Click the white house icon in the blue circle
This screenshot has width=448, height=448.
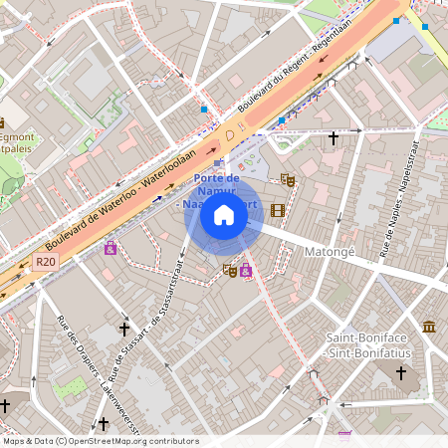pyautogui.click(x=224, y=215)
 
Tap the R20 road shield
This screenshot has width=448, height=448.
pyautogui.click(x=44, y=262)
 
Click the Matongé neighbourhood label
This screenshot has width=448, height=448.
pyautogui.click(x=330, y=252)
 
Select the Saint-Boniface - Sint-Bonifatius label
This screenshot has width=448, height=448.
pyautogui.click(x=370, y=344)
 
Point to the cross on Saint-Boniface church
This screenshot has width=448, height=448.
pyautogui.click(x=401, y=373)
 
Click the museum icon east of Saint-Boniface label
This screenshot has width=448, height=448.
pyautogui.click(x=429, y=327)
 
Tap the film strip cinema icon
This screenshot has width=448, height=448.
pyautogui.click(x=277, y=210)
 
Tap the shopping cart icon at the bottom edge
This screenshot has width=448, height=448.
pyautogui.click(x=344, y=435)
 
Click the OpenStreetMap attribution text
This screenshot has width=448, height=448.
pyautogui.click(x=101, y=440)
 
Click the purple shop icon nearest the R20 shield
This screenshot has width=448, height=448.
pyautogui.click(x=111, y=247)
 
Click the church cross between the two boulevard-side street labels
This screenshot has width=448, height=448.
pyautogui.click(x=124, y=328)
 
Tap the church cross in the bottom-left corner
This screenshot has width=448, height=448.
pyautogui.click(x=5, y=406)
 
